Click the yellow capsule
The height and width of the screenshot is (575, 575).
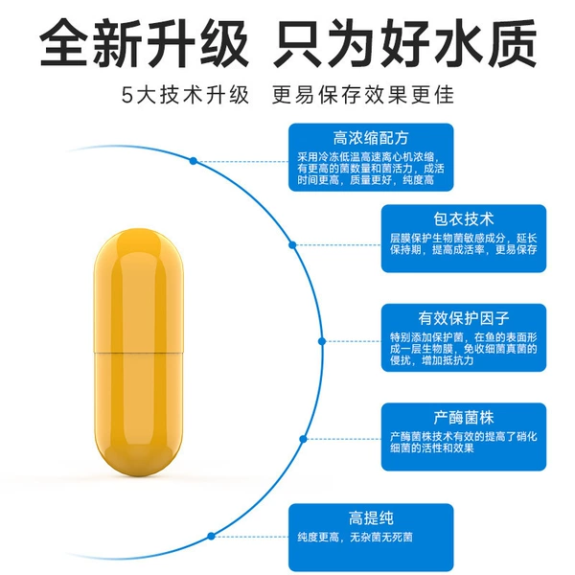pyautogui.click(x=138, y=352)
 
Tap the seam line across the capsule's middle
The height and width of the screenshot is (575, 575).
pyautogui.click(x=138, y=353)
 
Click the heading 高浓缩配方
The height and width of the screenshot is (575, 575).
pyautogui.click(x=371, y=138)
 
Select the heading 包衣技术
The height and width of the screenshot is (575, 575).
pyautogui.click(x=464, y=218)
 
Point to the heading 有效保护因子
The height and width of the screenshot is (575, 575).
pyautogui.click(x=464, y=318)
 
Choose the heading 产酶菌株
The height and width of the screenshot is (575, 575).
pyautogui.click(x=464, y=417)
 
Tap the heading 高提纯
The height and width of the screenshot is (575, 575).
pyautogui.click(x=371, y=517)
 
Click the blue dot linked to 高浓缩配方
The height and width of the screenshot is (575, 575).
pyautogui.click(x=194, y=161)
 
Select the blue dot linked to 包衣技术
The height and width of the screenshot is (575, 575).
pyautogui.click(x=292, y=244)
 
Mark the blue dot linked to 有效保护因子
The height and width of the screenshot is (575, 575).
pyautogui.click(x=322, y=341)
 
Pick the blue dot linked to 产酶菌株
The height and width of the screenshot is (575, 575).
pyautogui.click(x=303, y=439)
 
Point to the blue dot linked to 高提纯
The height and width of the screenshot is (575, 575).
pyautogui.click(x=211, y=536)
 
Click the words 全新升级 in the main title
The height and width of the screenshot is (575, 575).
pyautogui.click(x=144, y=43)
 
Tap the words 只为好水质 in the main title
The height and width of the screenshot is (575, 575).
pyautogui.click(x=404, y=43)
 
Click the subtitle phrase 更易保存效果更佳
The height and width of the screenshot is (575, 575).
pyautogui.click(x=363, y=95)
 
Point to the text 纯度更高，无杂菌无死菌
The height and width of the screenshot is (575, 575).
pyautogui.click(x=355, y=538)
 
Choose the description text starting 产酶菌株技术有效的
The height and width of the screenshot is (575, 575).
pyautogui.click(x=464, y=442)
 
